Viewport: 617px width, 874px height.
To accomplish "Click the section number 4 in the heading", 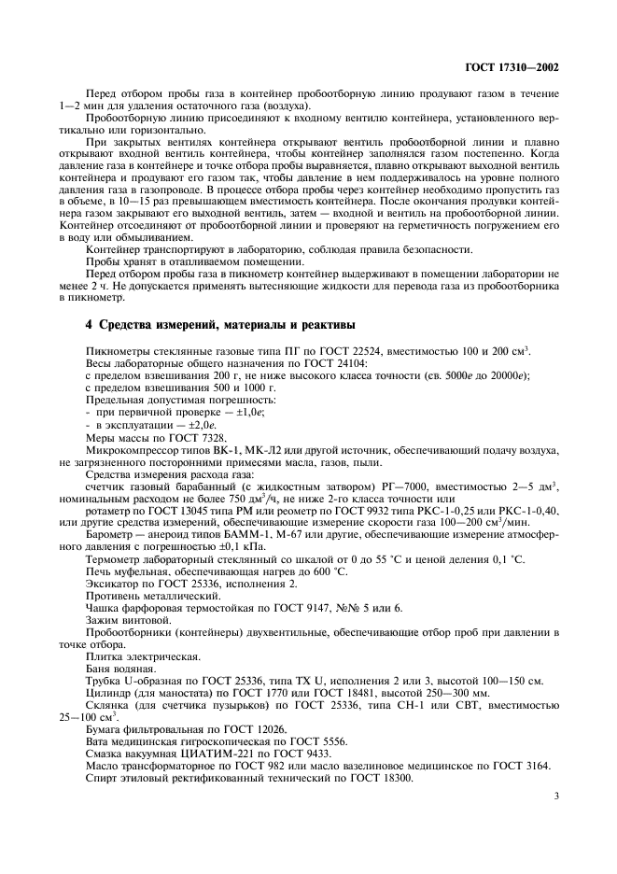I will point(89,325).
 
